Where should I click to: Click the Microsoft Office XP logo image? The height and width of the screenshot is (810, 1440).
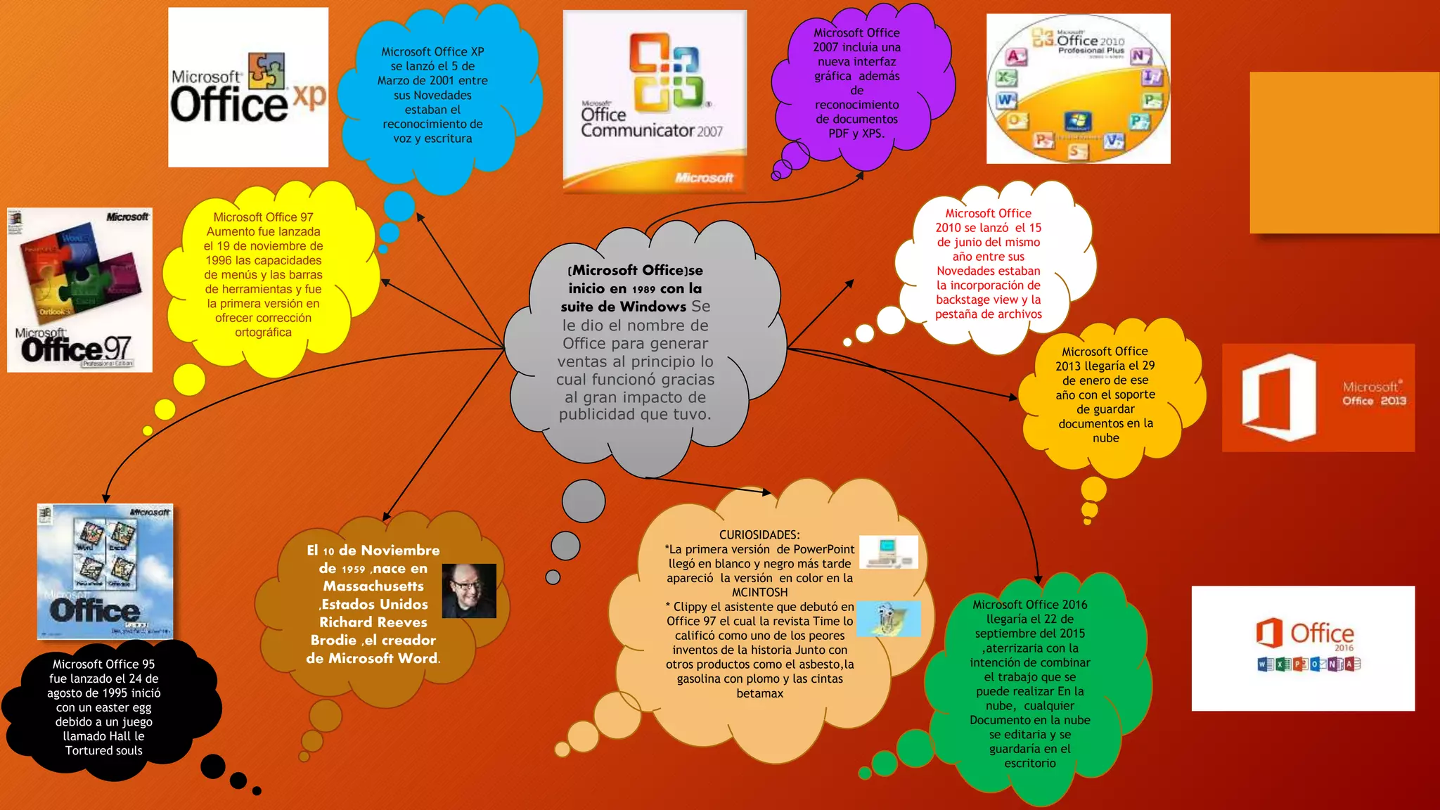point(247,87)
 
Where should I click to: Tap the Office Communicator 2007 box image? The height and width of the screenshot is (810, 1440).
point(655,101)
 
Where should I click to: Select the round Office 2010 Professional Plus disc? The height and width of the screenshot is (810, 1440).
point(1078,89)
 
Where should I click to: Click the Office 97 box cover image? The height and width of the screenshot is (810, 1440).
point(79,290)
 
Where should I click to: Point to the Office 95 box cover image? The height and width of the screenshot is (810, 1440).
point(105,571)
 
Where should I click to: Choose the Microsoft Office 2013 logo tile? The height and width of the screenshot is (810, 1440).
point(1318,397)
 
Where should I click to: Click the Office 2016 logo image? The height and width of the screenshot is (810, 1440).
point(1302,648)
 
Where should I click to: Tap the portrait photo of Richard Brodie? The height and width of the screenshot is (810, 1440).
point(469,591)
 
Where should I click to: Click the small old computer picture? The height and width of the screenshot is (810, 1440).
point(888,551)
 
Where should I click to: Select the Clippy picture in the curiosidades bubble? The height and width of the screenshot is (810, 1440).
point(888,618)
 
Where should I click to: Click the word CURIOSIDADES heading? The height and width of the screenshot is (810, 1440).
point(759,535)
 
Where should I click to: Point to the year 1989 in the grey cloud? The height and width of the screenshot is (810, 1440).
point(643,289)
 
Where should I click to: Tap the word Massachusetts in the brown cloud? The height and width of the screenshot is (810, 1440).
point(373,586)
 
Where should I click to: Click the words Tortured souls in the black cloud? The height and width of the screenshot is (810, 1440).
point(104,750)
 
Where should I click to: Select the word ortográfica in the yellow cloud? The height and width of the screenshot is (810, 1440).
point(263,332)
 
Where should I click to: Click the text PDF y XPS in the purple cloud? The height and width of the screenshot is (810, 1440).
point(856,133)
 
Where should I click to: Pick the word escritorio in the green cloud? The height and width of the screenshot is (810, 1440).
point(1029,763)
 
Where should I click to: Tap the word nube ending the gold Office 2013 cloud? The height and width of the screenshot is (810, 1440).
point(1105,438)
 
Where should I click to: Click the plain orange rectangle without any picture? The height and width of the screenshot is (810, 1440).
point(1344,152)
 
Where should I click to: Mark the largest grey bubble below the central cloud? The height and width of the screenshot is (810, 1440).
point(583,501)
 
